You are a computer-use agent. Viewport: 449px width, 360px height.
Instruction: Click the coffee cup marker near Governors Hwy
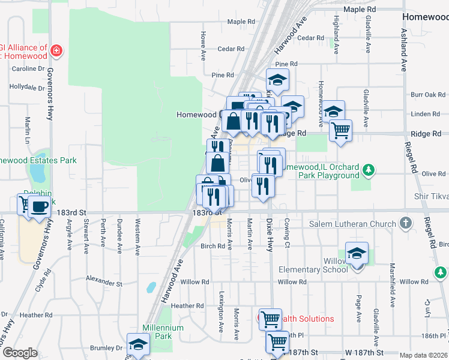click(40, 207)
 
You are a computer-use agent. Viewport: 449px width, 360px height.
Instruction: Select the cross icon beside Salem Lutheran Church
click(406, 223)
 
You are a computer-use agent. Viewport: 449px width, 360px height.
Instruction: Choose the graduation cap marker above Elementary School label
click(357, 254)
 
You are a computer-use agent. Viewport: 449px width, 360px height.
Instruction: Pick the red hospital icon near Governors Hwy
click(56, 50)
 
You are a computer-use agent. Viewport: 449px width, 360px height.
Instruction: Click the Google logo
click(19, 353)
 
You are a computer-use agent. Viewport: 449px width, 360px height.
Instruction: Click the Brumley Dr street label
click(106, 348)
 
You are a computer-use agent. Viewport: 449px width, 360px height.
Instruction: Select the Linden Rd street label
click(426, 114)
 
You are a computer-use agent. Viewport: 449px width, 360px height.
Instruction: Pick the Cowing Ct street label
click(287, 235)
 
